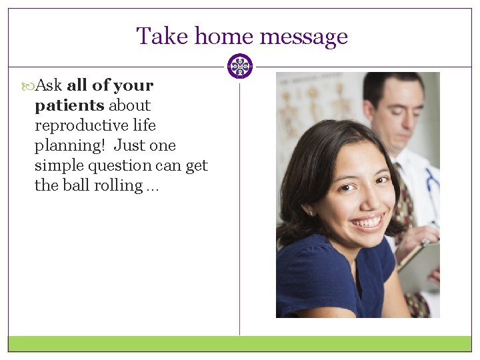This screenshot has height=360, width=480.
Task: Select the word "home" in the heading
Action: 216,36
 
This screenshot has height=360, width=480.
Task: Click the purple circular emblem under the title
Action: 239,67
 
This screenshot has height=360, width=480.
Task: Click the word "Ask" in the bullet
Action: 49,85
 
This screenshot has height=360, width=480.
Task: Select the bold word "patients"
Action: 69,105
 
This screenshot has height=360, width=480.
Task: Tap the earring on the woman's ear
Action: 311,213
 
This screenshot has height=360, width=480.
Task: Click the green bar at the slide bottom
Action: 239,343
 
